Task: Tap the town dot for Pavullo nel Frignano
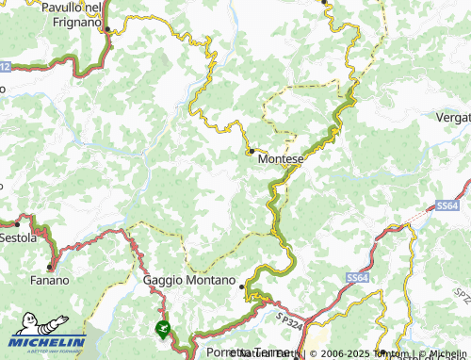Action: point(107,30)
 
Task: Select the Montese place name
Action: point(279,160)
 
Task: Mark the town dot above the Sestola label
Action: point(17,224)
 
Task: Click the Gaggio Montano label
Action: point(188,280)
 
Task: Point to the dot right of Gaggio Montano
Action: point(242,286)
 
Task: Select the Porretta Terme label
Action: point(235,352)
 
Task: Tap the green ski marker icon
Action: point(163,330)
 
